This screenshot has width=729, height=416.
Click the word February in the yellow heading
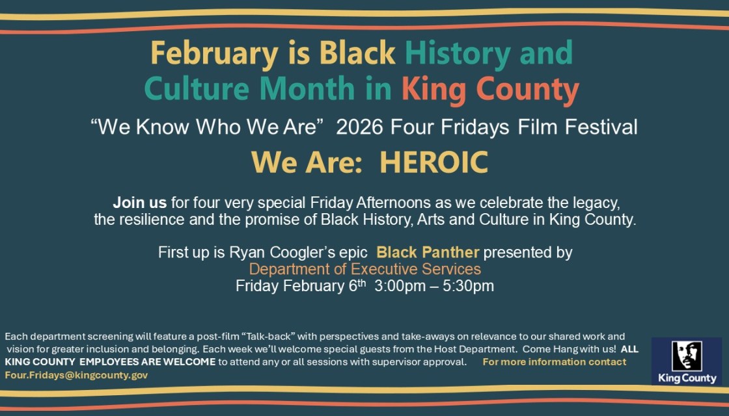[x=214, y=54]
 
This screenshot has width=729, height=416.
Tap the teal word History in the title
[x=458, y=54]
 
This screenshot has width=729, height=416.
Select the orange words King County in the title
[x=490, y=90]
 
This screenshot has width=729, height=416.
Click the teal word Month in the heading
[x=307, y=88]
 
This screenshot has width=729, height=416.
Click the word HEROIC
[x=433, y=162]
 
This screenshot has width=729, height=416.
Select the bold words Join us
[x=139, y=203]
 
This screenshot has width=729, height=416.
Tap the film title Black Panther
[x=428, y=252]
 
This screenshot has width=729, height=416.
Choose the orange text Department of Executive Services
[x=365, y=269]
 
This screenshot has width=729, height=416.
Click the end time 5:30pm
[x=468, y=285]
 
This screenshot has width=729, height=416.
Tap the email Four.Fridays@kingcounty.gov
[x=76, y=375]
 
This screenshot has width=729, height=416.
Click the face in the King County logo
[x=687, y=356]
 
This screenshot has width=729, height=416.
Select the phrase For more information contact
[x=554, y=362]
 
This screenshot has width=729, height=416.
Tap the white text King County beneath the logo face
[x=687, y=378]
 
